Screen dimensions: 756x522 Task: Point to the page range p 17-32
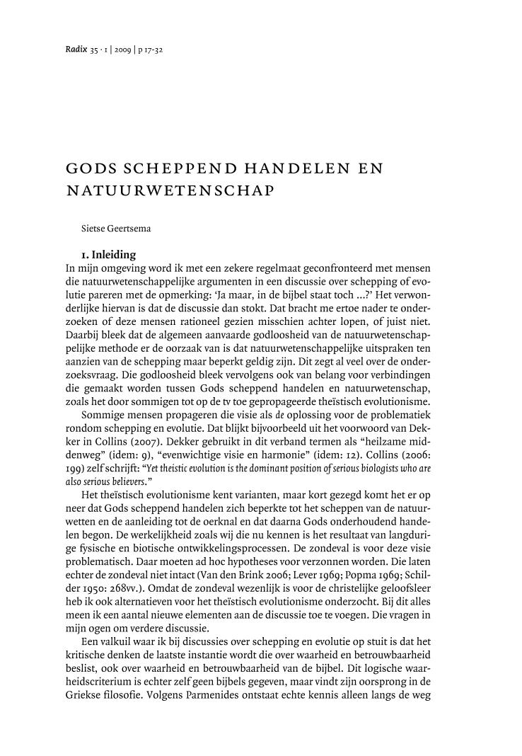coord(151,51)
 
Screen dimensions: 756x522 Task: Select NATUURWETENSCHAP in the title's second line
coord(169,190)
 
